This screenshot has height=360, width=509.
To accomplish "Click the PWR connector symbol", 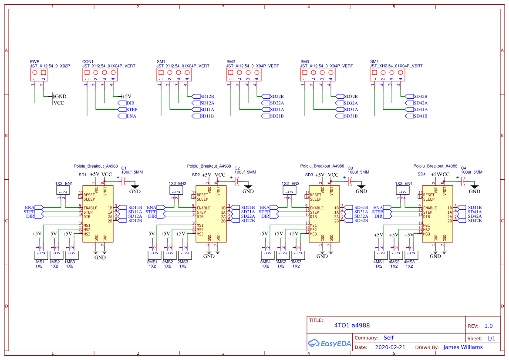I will point(39,75).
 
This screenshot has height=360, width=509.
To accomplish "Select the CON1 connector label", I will point(88,62).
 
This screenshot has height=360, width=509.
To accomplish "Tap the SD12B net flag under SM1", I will point(203,96).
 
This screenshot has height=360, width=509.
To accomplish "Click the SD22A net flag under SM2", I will point(273,103).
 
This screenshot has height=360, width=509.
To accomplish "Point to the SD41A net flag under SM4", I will point(416,110).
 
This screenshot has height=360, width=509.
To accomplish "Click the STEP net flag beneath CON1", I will point(128,110).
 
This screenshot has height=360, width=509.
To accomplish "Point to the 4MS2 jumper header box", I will point(394,255).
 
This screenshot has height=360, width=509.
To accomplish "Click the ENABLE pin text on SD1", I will point(90,208).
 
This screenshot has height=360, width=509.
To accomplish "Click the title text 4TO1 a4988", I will point(352,325).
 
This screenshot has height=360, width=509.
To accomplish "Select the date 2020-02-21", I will point(390,347).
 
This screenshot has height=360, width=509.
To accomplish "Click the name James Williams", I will point(463,347).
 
